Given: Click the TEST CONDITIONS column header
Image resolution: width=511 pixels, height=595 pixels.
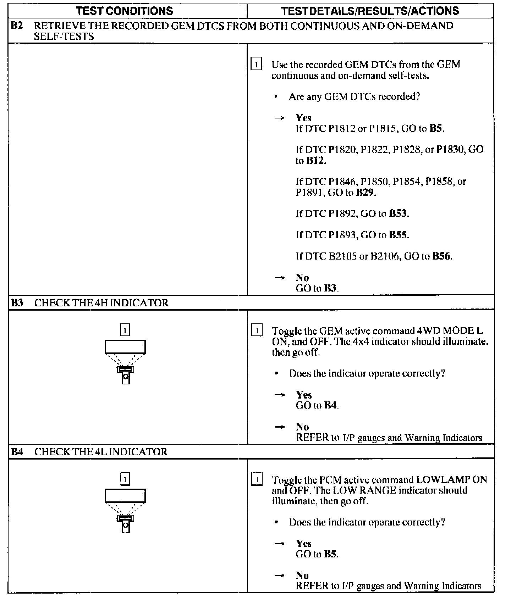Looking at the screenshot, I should tap(125, 11).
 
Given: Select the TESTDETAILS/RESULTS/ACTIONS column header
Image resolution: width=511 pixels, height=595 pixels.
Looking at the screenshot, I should tap(370, 11).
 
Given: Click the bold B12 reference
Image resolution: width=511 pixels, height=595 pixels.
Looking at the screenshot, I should tap(315, 161).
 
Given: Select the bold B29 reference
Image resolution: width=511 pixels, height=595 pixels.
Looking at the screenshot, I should tap(365, 193).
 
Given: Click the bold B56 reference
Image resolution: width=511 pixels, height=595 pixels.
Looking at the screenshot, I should tap(441, 256).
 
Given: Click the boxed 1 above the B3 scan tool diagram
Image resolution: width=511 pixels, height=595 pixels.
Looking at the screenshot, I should tap(125, 330).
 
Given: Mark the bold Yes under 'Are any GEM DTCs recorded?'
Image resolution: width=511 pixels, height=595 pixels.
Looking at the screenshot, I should tap(303, 118).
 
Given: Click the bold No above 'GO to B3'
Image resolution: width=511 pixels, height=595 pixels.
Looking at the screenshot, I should tap(302, 278).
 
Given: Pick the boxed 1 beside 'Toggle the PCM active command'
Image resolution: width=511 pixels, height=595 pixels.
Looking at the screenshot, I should tap(257, 479).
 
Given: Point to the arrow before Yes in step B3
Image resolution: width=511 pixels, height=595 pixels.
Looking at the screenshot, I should tap(280, 395).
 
